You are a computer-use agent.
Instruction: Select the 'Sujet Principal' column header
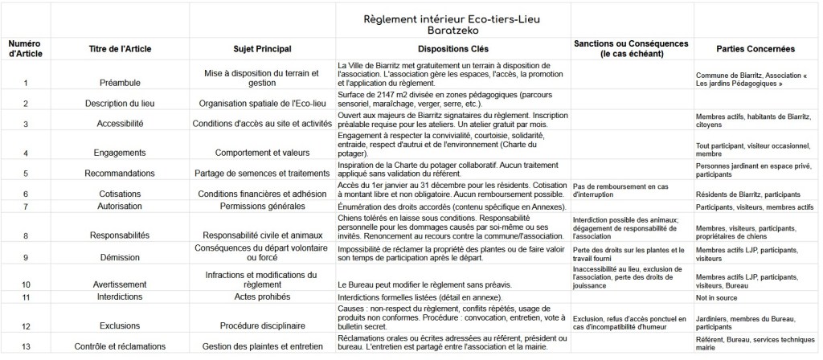pos(262,47)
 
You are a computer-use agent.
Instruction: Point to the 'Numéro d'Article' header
pos(25,47)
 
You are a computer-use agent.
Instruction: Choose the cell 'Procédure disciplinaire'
pos(262,326)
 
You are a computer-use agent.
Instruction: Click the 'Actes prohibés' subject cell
pos(262,298)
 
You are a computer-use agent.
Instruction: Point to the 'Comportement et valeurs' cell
pos(262,152)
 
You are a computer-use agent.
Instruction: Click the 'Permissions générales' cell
pos(262,207)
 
